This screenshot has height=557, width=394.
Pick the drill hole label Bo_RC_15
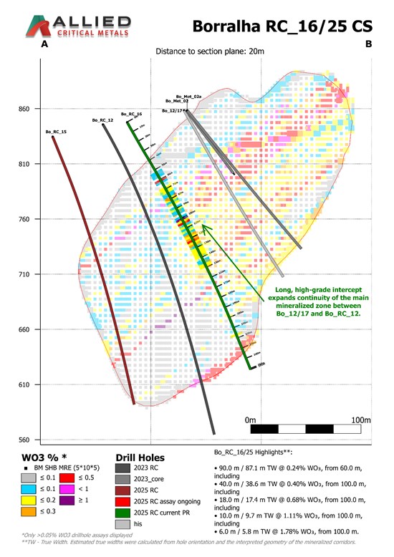click(x=56, y=132)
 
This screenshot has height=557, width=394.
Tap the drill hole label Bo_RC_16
click(x=131, y=114)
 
